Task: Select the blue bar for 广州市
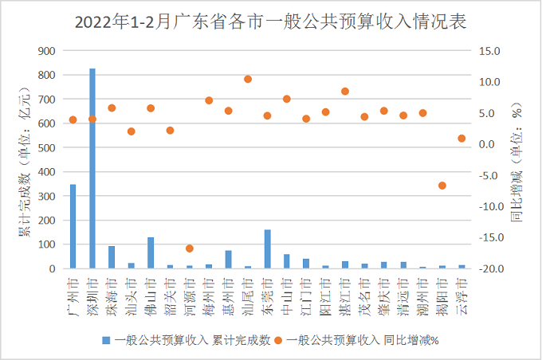(73, 227)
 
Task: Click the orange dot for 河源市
(190, 248)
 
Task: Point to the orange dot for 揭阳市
(442, 186)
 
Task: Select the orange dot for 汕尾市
(248, 79)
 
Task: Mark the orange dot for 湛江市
(345, 92)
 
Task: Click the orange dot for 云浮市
(461, 139)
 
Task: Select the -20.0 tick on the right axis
(489, 269)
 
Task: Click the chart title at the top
(270, 20)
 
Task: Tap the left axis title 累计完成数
(24, 159)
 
